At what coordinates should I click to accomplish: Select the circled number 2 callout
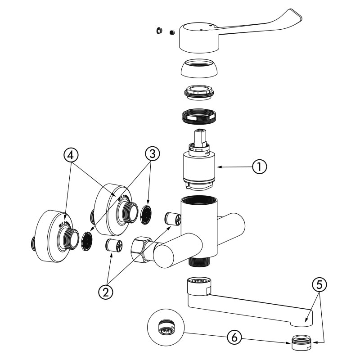pos(107,291)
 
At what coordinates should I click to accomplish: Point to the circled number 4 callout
pos(71,154)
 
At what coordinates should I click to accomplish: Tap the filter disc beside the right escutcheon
pos(147,214)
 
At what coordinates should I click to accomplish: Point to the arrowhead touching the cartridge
pos(220,167)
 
